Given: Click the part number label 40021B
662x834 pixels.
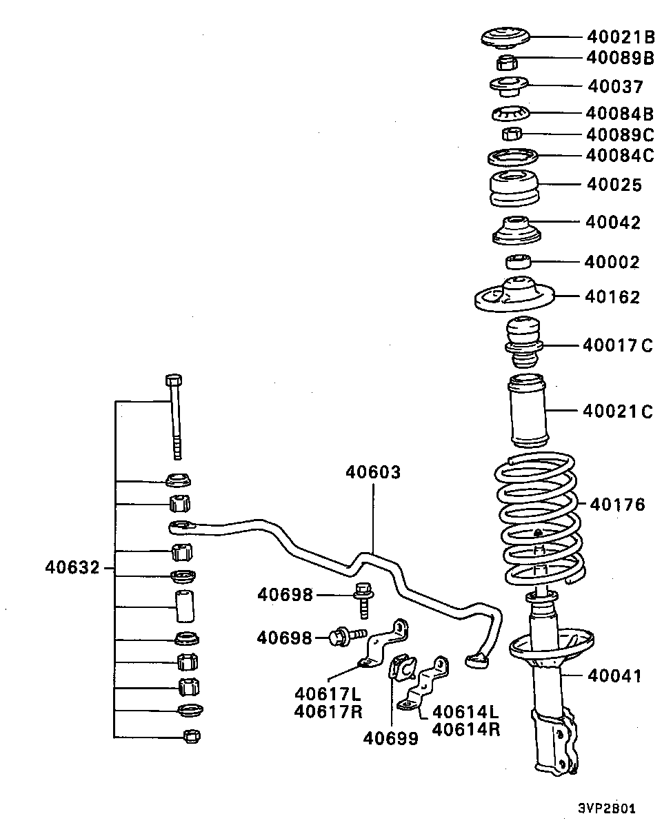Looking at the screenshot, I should pyautogui.click(x=620, y=36).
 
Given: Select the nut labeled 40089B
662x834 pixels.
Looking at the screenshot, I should pyautogui.click(x=505, y=63).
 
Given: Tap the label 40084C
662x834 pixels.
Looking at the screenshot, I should pyautogui.click(x=619, y=156).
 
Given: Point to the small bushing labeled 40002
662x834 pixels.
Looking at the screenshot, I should pyautogui.click(x=518, y=262).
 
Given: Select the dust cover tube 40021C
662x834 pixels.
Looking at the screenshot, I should pyautogui.click(x=527, y=411).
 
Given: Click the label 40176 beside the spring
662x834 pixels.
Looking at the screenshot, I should pyautogui.click(x=617, y=505).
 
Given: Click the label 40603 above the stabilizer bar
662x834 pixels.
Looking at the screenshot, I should pyautogui.click(x=373, y=472).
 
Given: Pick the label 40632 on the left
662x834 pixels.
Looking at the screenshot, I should pyautogui.click(x=73, y=569).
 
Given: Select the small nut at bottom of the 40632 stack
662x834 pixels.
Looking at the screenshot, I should pyautogui.click(x=192, y=736).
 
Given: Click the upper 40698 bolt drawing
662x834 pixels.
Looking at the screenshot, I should pyautogui.click(x=363, y=598).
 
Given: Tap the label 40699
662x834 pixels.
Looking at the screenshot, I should pyautogui.click(x=391, y=740).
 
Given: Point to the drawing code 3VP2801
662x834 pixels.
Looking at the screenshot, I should pyautogui.click(x=607, y=808).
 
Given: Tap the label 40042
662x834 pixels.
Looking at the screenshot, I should pyautogui.click(x=612, y=223).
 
